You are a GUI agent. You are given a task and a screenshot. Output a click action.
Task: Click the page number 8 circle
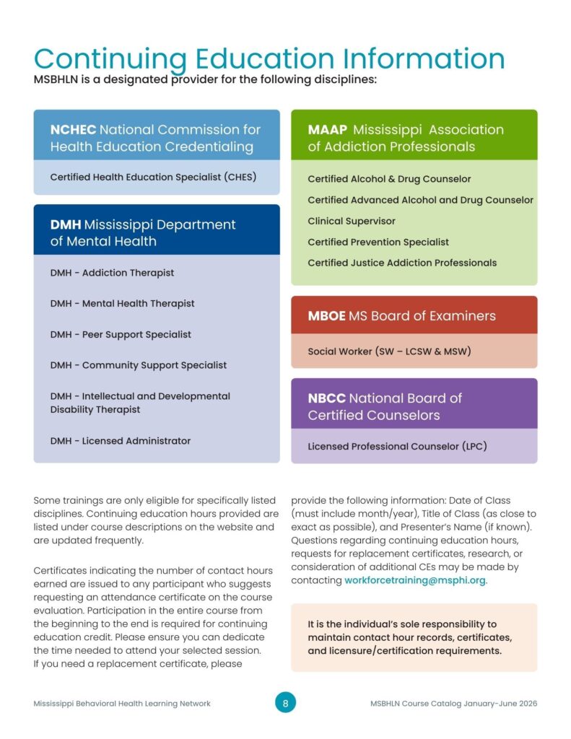tap(285, 703)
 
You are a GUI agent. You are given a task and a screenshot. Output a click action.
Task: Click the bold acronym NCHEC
tap(72, 130)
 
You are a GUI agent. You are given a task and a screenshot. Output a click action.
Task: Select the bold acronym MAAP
tap(328, 130)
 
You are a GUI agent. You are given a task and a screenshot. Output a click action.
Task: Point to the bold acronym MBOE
tap(326, 315)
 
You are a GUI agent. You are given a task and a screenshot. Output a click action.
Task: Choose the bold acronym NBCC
tap(326, 398)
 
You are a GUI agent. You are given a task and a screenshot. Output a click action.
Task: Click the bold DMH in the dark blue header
tap(65, 224)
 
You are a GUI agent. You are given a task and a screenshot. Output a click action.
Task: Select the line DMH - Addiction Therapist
tap(112, 273)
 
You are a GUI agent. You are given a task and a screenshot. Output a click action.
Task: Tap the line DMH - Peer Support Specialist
tap(121, 335)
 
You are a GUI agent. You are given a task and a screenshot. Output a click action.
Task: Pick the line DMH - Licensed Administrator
tap(121, 441)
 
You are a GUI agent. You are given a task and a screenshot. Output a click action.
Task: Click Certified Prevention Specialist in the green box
tap(378, 242)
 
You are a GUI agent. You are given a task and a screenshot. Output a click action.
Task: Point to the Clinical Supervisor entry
tap(352, 222)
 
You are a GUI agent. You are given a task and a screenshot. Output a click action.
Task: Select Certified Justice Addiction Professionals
tap(402, 263)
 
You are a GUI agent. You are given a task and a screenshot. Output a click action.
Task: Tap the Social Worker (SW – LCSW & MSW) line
tap(389, 352)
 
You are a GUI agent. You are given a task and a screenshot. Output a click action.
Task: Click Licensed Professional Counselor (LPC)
tap(397, 447)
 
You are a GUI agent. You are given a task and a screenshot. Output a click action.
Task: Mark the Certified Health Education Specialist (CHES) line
tap(153, 177)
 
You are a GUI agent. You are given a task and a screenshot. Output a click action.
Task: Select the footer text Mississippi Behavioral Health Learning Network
tap(122, 704)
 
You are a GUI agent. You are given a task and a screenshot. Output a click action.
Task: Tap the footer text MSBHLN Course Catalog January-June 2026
tap(453, 704)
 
